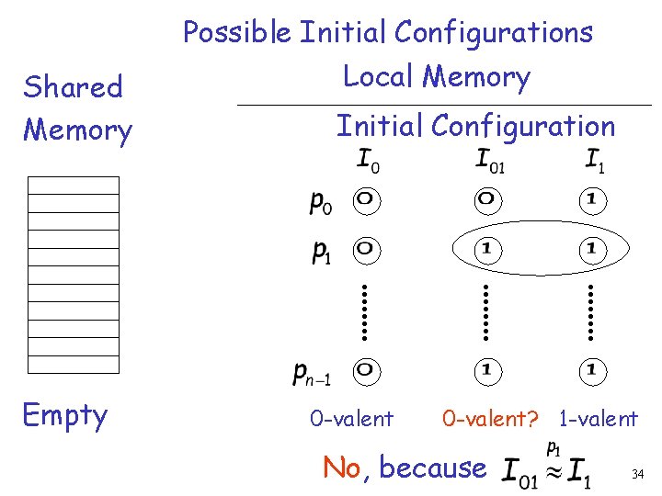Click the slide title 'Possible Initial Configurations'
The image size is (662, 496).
pos(387,33)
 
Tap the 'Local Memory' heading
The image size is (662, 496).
pos(436,77)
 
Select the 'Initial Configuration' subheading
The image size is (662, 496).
pos(474,126)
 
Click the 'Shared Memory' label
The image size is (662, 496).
pos(76,108)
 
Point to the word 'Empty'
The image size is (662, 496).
pos(64,415)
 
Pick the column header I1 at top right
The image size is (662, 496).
pos(595,162)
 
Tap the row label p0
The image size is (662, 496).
pos(322,202)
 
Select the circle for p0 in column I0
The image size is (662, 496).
pos(365,199)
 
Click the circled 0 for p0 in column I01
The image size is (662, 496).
pos(485,199)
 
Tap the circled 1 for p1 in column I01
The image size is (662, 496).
pos(485,248)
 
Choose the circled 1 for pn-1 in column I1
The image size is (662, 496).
pos(593,370)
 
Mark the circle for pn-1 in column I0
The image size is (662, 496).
pos(365,370)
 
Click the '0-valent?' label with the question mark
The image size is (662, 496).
pos(488,420)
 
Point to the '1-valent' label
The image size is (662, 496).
pos(598,420)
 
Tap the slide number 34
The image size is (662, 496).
pos(637,475)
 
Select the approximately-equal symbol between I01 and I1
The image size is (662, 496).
pos(552,472)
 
